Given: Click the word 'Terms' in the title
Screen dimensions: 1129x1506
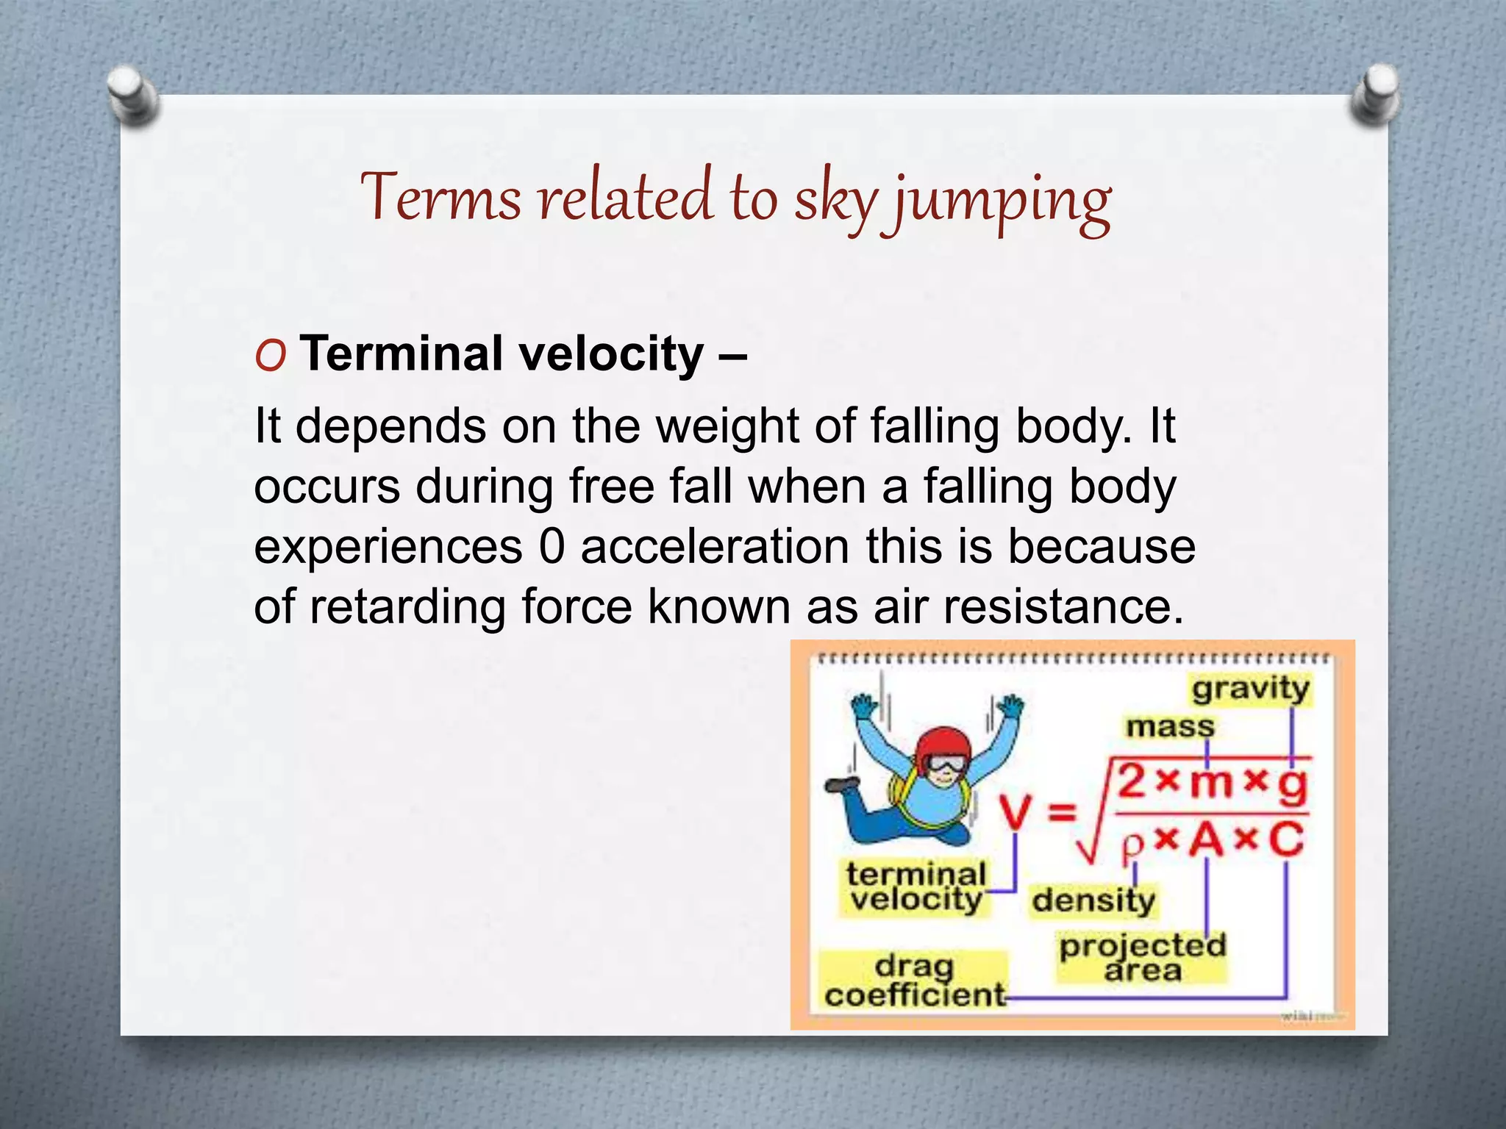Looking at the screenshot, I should [439, 198].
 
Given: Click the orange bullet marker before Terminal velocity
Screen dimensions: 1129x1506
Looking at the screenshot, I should [271, 356].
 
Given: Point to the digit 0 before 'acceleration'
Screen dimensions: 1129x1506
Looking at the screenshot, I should [552, 547].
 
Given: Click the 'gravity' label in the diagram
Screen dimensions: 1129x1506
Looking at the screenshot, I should [1250, 689].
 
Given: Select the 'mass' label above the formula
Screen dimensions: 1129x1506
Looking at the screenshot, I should [1169, 727].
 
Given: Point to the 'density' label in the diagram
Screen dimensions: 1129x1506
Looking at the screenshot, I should [1093, 900].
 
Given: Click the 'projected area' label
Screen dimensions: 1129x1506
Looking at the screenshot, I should [1142, 957].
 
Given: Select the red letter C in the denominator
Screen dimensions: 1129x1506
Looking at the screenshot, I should [1285, 839].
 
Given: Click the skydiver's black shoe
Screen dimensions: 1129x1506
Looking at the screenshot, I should [841, 784].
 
